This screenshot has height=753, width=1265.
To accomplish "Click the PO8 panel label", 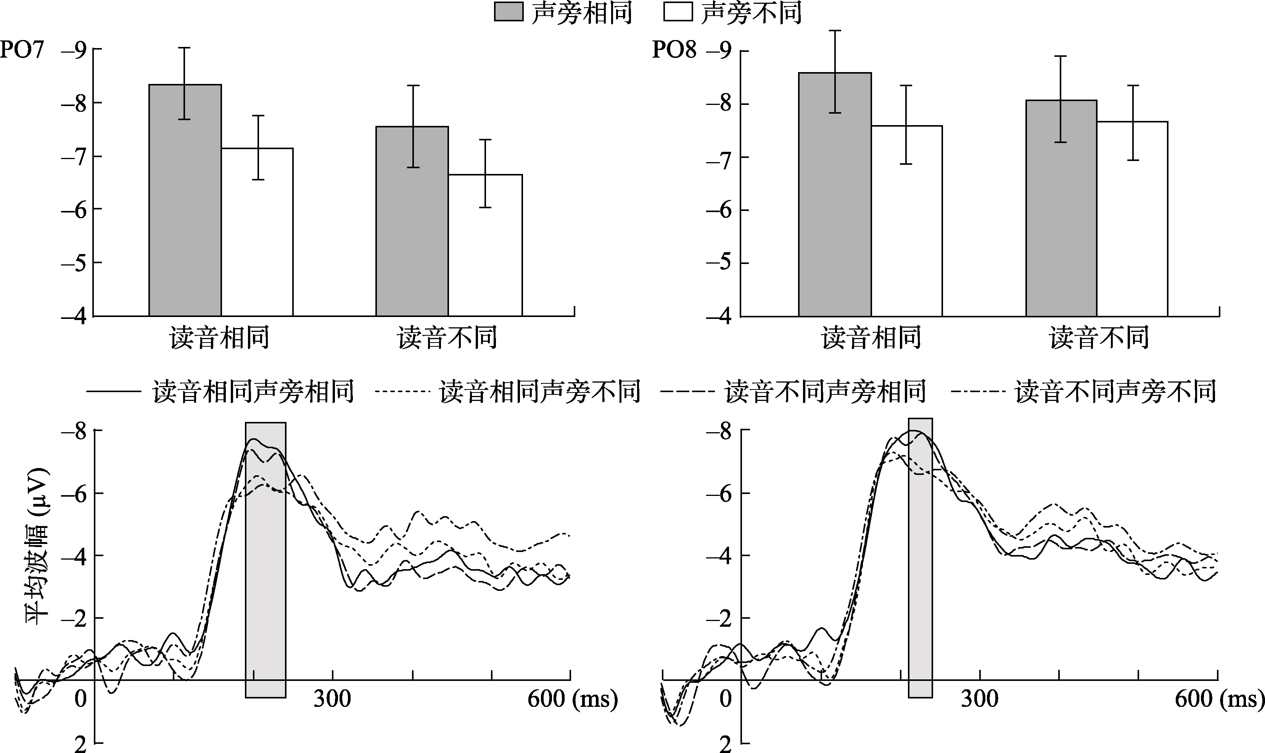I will coord(674,50).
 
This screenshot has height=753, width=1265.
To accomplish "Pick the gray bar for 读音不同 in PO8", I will coord(1061,208).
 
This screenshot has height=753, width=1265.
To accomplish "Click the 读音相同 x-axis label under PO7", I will coord(219,338).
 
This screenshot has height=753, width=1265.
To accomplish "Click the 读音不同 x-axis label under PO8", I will coord(1099,338).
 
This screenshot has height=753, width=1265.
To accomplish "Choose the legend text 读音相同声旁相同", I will coord(253,392).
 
